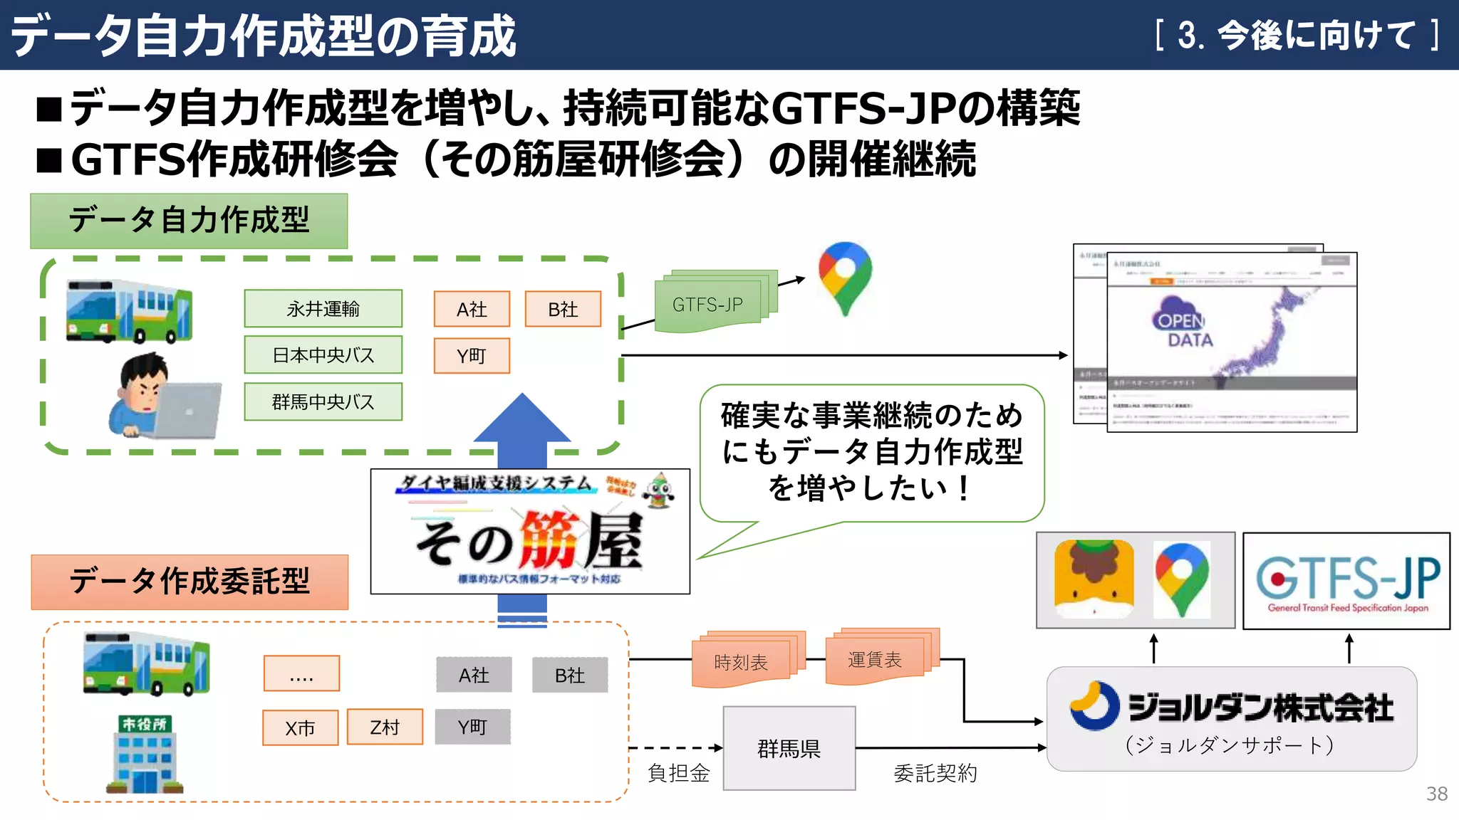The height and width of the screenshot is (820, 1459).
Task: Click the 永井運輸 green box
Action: coord(323,308)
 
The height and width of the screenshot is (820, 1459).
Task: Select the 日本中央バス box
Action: coord(323,354)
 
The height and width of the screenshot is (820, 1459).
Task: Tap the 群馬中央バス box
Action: coord(323,401)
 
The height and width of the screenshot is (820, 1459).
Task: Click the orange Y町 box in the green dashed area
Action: coord(472,355)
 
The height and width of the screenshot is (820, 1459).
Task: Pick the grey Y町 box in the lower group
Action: coord(472,727)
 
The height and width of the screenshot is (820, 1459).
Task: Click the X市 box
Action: coord(300,727)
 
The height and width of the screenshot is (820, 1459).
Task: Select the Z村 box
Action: coord(385,727)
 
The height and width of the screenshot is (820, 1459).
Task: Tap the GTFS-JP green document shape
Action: coord(707,305)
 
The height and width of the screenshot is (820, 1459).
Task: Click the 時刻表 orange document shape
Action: coord(741,662)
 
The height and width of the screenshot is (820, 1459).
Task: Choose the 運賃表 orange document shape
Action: coord(875,659)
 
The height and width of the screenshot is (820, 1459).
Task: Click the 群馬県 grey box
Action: coord(789,748)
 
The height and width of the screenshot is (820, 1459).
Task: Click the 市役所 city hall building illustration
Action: coord(145,755)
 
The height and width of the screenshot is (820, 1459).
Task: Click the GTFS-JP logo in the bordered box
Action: coord(1346,581)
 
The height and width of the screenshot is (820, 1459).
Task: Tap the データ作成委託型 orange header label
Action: coord(189,582)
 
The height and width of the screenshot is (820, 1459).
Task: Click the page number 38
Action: coord(1436,794)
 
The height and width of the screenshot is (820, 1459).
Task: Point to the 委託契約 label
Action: coord(935,773)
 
